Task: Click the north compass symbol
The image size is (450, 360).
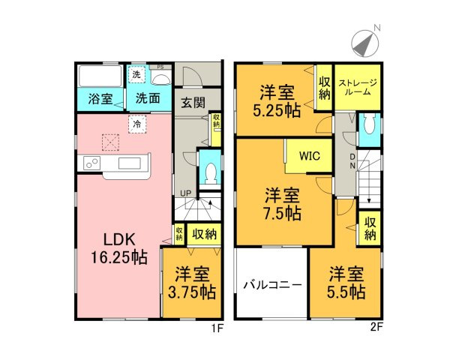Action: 365,43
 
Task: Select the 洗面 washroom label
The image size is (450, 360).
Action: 147,97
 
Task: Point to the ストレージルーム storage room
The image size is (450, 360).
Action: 357,88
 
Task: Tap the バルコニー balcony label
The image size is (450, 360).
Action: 271,286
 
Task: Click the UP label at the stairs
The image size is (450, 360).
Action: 184,193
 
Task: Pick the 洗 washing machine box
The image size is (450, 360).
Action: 136,74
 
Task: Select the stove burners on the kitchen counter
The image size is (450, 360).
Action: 91,163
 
